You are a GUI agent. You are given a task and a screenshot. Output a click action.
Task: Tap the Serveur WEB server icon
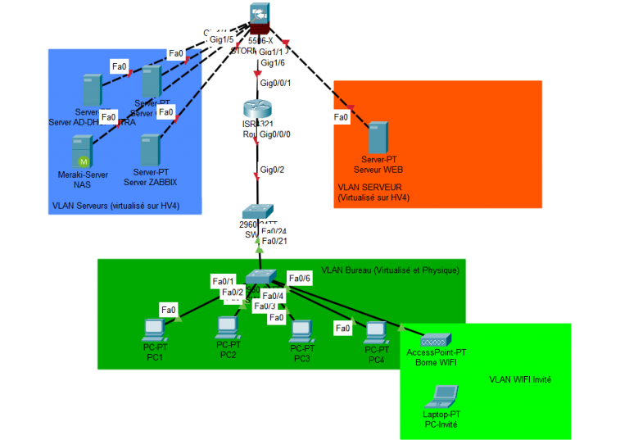tap(377, 136)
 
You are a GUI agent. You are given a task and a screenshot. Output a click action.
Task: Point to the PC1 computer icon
tap(154, 330)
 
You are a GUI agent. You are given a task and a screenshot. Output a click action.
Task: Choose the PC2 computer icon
tap(228, 329)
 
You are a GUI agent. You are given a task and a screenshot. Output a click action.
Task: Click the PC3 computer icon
tap(302, 331)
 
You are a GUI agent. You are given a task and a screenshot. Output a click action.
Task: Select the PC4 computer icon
tap(376, 333)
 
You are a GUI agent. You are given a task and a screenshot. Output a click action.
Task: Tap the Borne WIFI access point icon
tap(433, 339)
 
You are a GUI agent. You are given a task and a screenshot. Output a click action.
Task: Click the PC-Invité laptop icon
tap(441, 397)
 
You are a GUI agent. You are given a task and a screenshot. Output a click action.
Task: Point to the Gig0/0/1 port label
tap(275, 83)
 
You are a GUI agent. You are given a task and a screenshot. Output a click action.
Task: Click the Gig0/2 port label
tap(272, 170)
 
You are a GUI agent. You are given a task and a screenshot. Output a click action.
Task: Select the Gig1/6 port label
tap(272, 62)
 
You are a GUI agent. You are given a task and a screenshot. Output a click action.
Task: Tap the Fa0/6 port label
tap(300, 279)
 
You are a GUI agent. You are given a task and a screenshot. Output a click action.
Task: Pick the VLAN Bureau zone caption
tap(391, 269)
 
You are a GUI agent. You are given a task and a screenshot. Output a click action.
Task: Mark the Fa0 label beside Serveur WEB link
tap(342, 117)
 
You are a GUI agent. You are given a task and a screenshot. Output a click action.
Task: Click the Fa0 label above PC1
tap(168, 309)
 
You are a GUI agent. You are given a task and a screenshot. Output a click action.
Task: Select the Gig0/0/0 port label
tap(275, 134)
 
